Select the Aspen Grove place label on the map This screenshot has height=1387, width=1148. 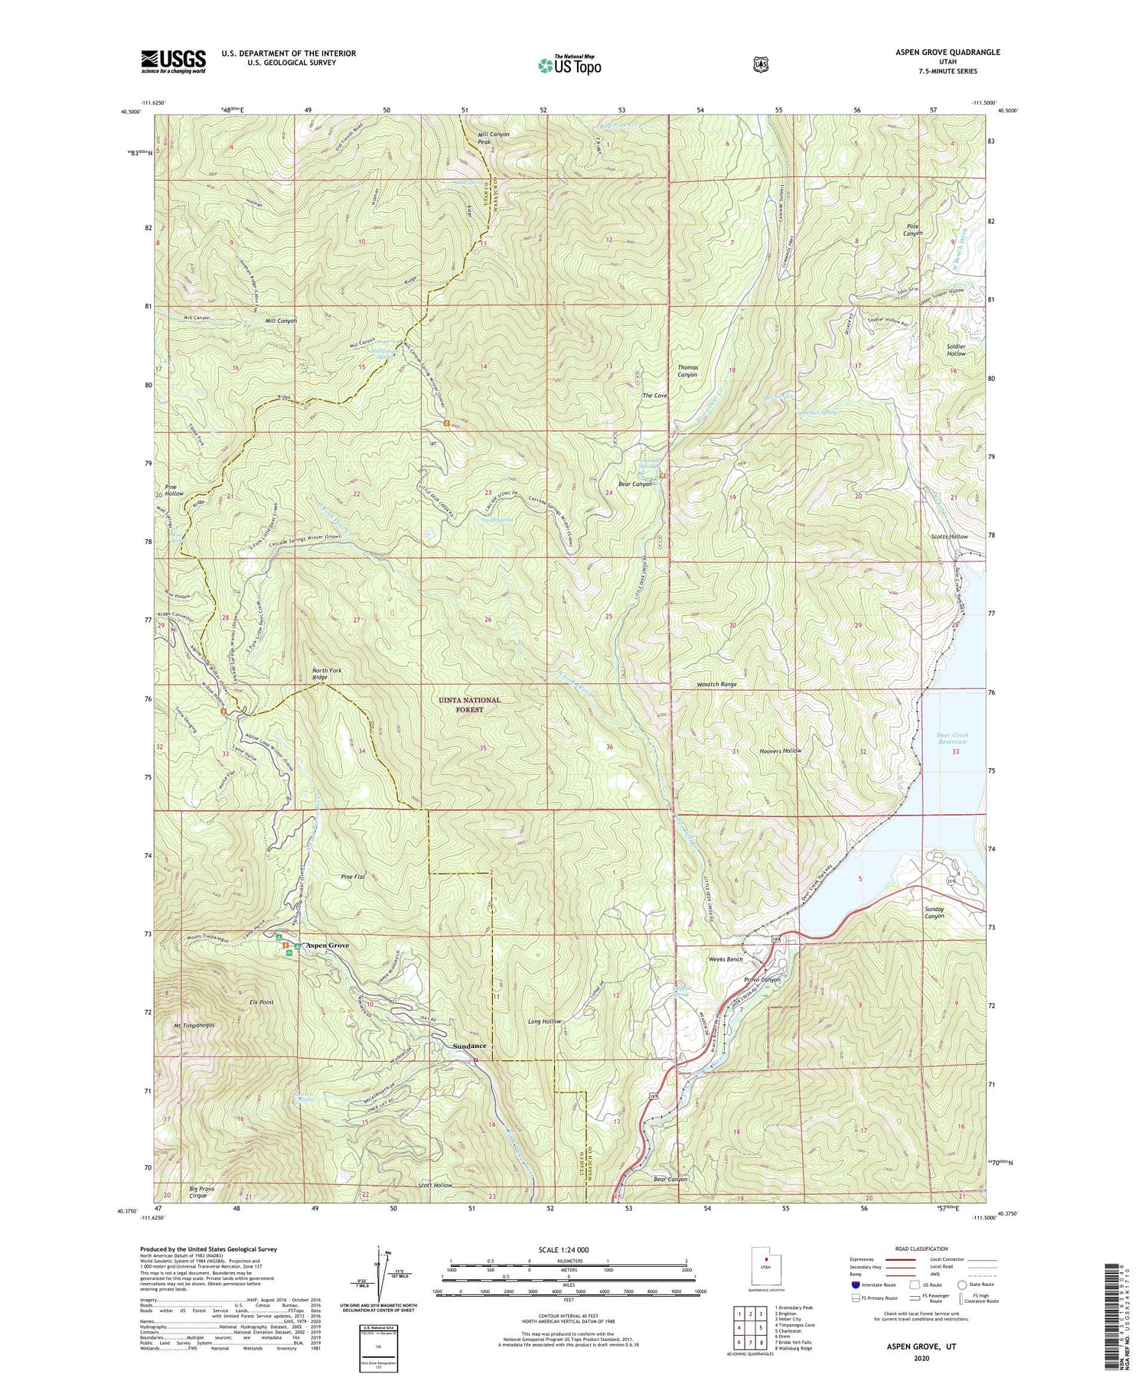pos(328,946)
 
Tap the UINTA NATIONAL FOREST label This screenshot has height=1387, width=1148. pos(469,705)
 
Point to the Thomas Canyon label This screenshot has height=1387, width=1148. pos(687,371)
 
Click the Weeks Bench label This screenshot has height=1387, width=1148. pos(725,959)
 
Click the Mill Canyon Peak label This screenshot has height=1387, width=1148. pos(494,138)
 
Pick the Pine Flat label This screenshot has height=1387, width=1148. pos(353,877)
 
